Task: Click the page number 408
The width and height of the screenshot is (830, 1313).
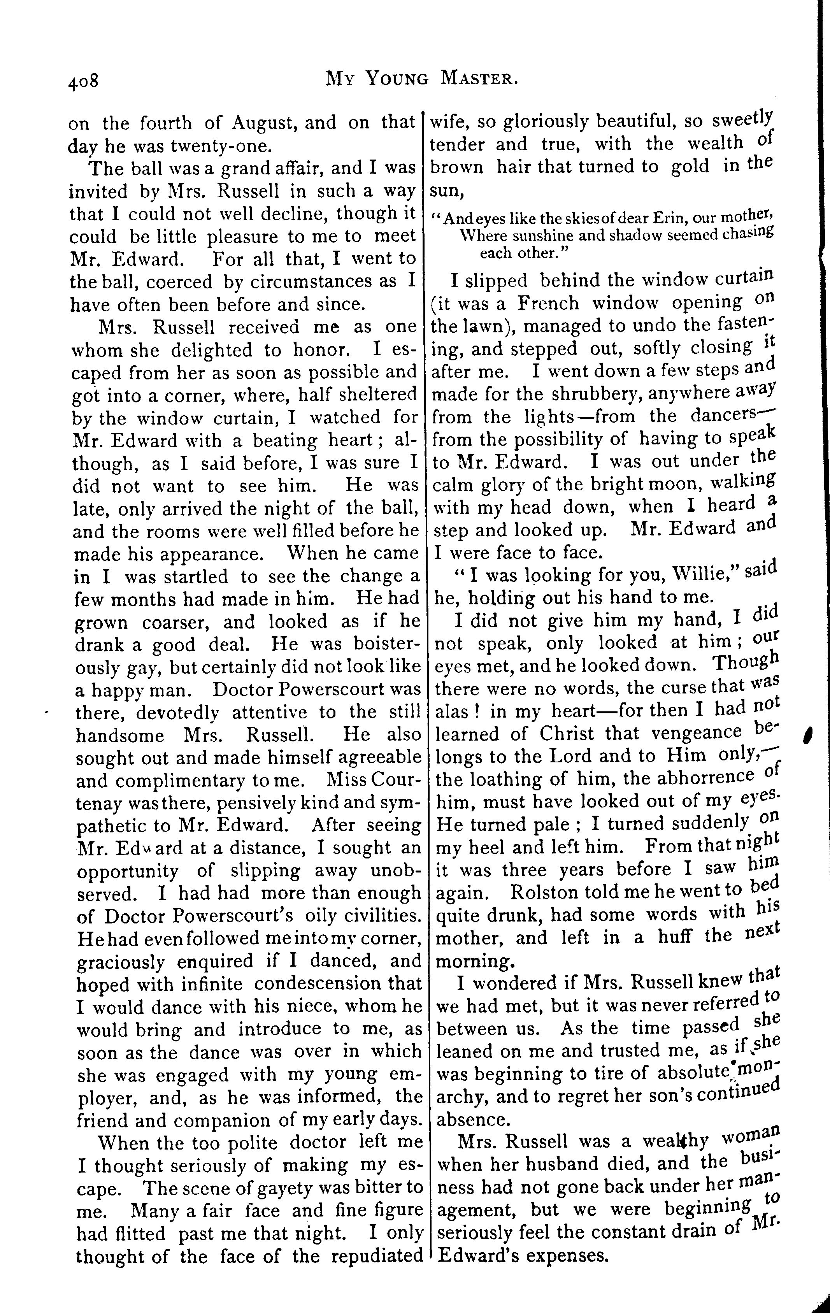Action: (83, 81)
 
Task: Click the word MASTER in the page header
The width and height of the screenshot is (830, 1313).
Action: (478, 80)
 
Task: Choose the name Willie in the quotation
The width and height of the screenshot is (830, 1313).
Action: (697, 575)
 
